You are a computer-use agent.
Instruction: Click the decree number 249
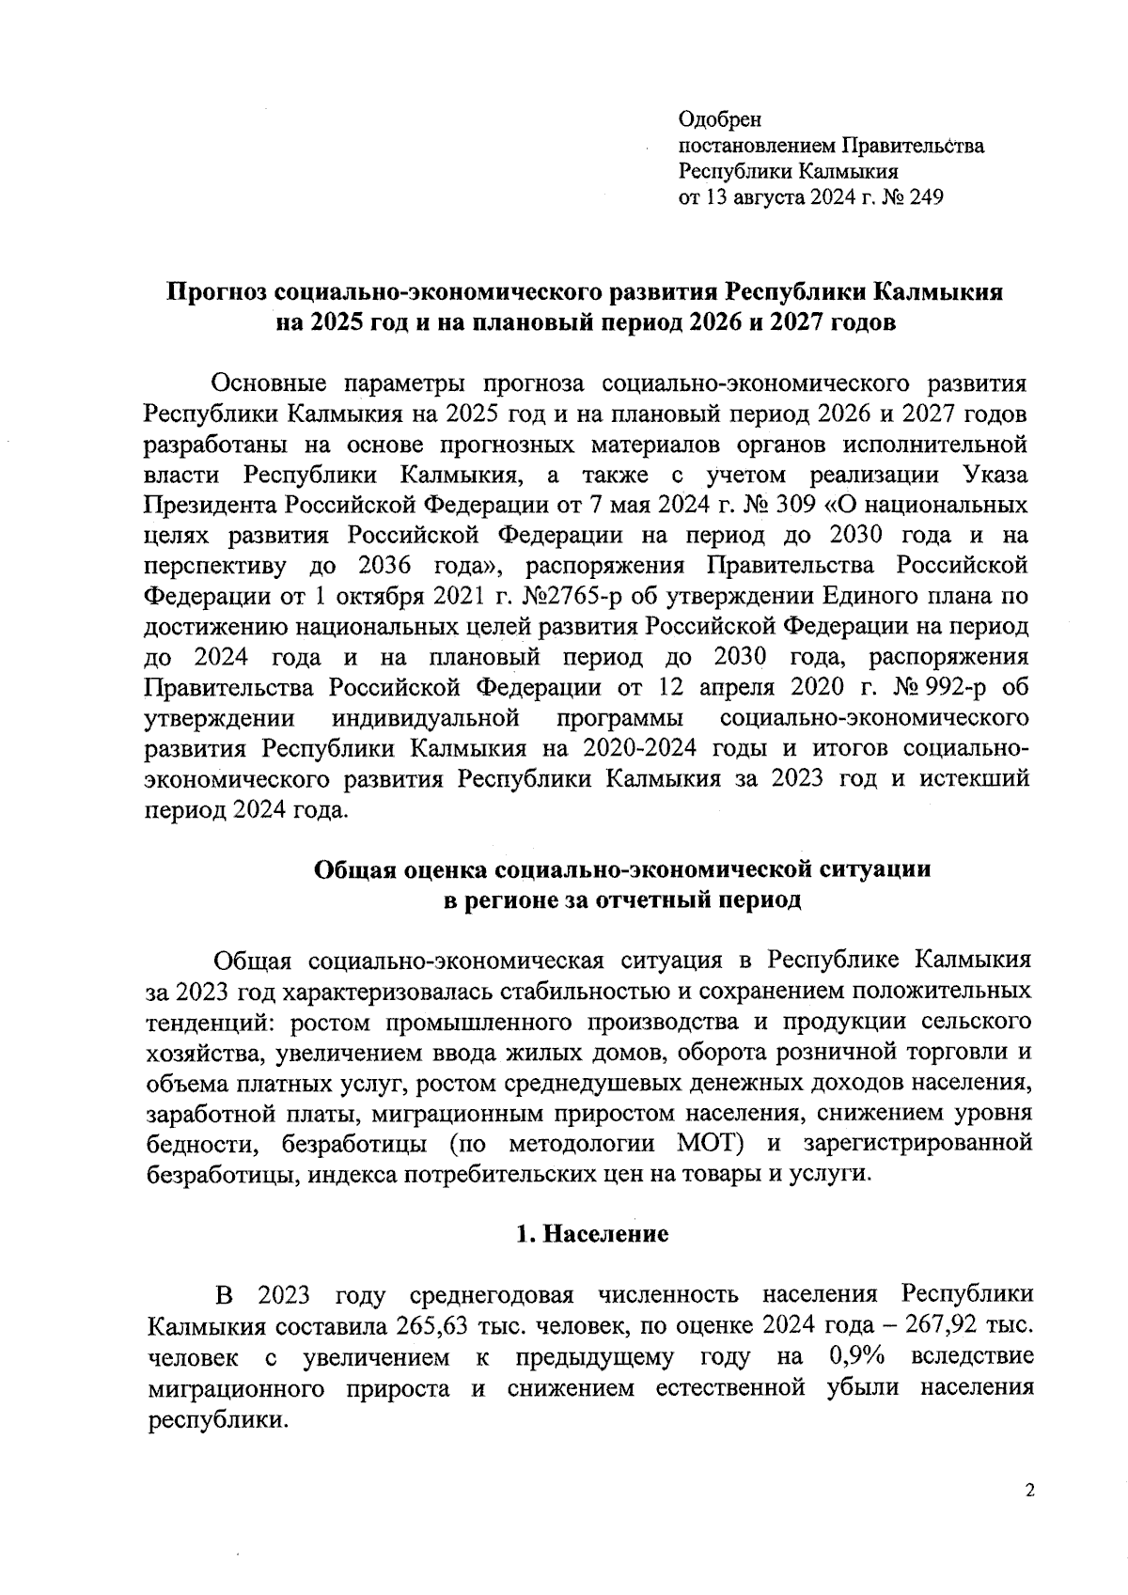click(924, 197)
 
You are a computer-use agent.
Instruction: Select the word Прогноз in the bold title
click(216, 291)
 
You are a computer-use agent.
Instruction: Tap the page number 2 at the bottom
click(1030, 1492)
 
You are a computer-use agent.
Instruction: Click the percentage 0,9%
click(858, 1357)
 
